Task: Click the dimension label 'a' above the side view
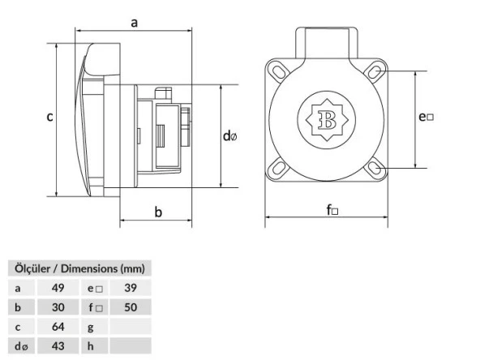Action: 134,24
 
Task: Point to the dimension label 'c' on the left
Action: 49,117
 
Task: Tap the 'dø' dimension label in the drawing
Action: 230,136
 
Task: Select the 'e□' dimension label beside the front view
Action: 426,117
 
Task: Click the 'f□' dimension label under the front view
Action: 332,211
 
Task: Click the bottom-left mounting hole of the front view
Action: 278,169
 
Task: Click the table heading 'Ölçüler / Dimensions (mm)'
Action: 76,268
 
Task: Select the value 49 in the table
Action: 57,288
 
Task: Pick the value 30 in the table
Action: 57,307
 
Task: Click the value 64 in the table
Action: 57,327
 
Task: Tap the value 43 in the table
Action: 57,347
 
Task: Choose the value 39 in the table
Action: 130,288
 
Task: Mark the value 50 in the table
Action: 130,307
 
